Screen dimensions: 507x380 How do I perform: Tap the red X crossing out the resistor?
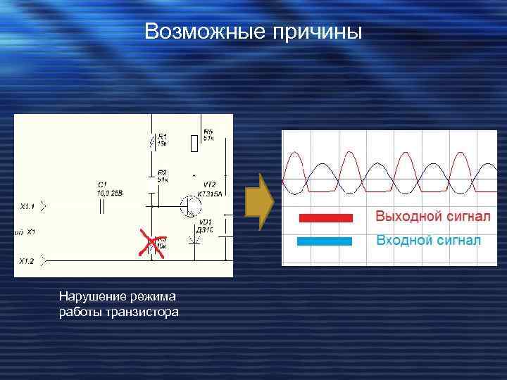151,243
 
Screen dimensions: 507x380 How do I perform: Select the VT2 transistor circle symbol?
189,205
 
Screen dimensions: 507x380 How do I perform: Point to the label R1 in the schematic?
163,136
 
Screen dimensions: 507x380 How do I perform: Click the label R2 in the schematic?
163,172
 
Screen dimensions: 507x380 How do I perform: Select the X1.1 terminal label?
27,207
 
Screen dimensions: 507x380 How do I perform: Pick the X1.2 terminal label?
27,260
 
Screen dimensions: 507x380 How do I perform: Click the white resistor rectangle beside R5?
194,143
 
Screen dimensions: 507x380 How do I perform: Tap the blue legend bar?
325,241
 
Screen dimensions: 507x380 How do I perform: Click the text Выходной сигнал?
432,216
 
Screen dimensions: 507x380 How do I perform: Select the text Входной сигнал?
428,240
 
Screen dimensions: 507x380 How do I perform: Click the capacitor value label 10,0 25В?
111,192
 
